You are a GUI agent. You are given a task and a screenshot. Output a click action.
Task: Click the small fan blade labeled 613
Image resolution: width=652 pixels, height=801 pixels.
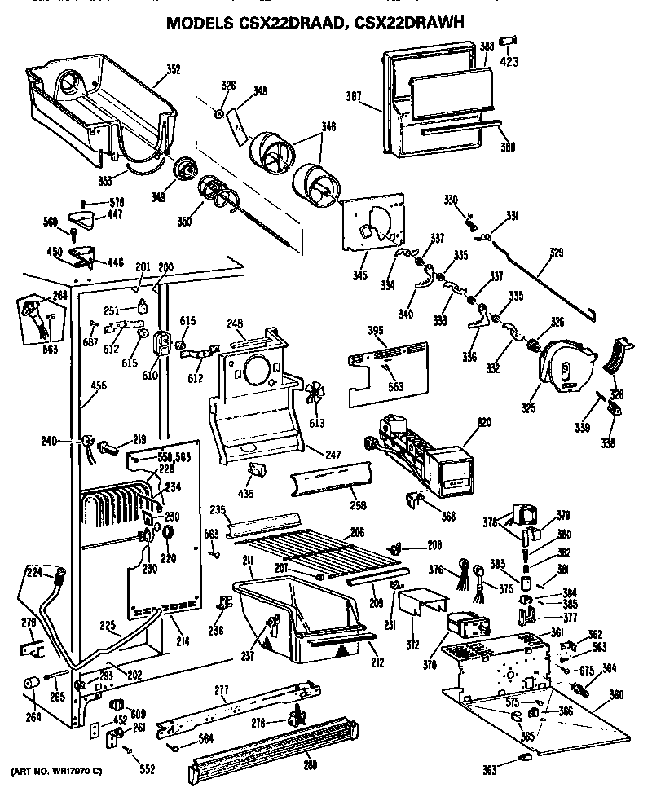(315, 400)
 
